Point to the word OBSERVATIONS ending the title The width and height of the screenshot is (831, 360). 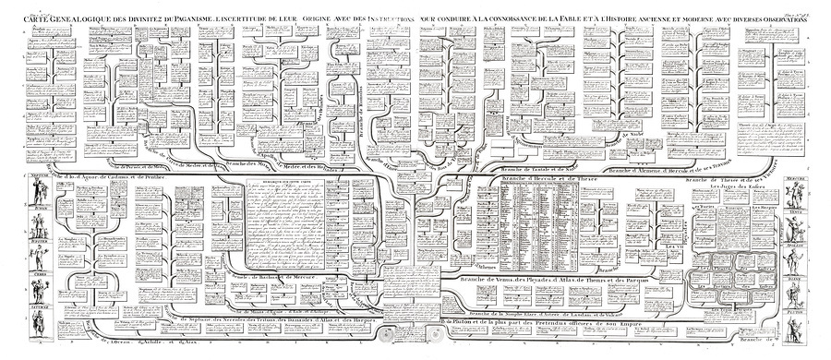[786, 18]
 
